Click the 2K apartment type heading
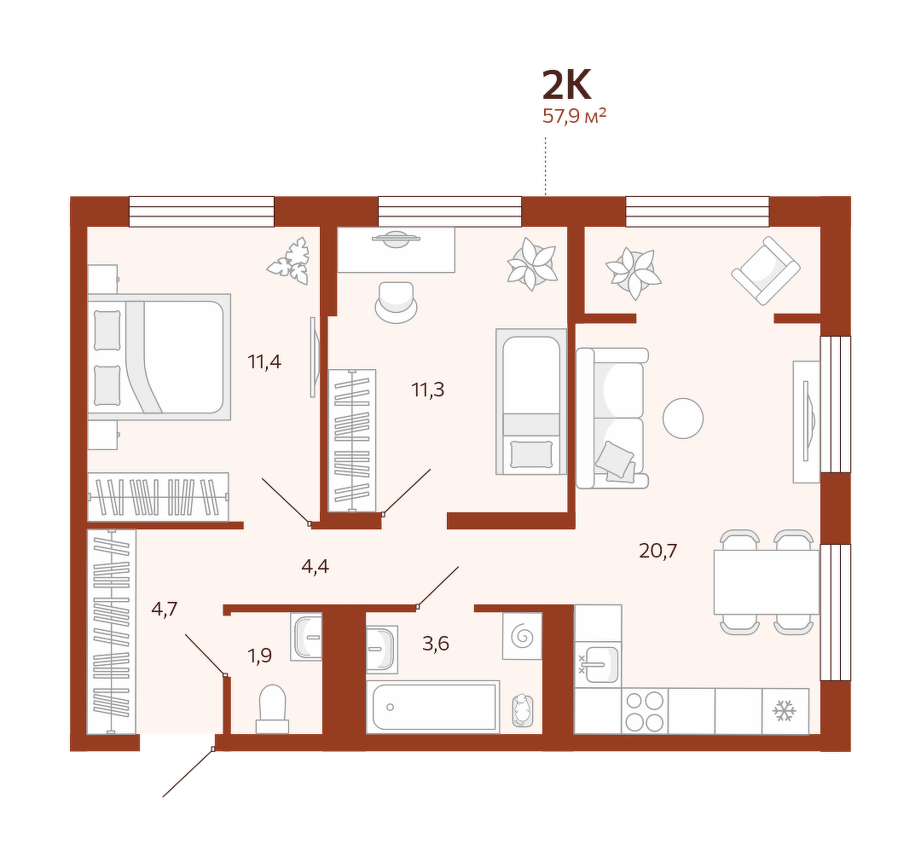point(566,85)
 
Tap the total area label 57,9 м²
point(574,116)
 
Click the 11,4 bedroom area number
point(264,361)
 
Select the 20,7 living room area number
point(657,551)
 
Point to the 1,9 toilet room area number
point(259,655)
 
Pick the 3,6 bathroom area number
point(436,644)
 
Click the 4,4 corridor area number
point(315,566)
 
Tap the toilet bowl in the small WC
point(272,708)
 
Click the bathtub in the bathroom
point(433,707)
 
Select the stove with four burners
point(645,711)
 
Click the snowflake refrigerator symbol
point(785,711)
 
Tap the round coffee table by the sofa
point(683,418)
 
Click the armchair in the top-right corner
point(765,270)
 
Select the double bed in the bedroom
point(159,357)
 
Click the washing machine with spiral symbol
point(522,636)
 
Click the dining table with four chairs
point(767,581)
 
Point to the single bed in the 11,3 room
point(531,402)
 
